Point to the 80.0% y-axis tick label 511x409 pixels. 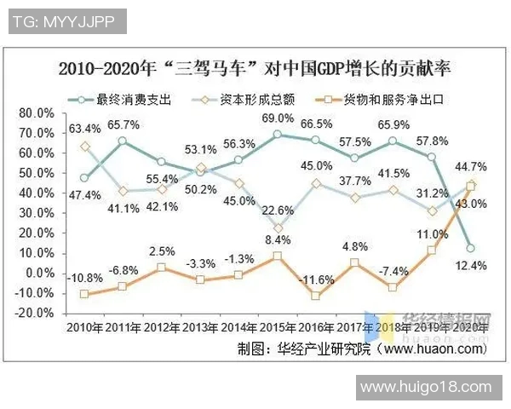coord(37,113)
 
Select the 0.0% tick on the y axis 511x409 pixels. coord(40,273)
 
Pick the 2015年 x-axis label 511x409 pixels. coord(277,328)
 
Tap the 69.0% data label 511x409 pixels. coord(278,118)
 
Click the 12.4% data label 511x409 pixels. coord(472,266)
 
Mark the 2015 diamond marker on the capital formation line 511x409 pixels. coord(278,228)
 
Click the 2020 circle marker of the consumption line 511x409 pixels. coord(471,248)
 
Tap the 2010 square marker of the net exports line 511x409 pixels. coord(84,294)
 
